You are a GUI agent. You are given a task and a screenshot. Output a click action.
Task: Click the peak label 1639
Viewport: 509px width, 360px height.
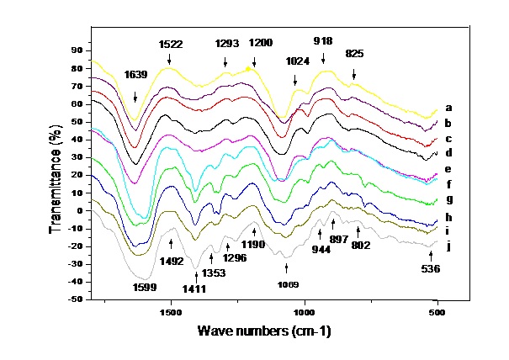coord(137,74)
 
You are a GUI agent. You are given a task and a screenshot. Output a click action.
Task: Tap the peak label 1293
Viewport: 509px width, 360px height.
coord(225,43)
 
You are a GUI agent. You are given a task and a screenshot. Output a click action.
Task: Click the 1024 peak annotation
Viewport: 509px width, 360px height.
coord(295,61)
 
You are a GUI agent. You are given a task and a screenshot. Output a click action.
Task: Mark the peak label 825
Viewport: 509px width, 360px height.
coord(355,53)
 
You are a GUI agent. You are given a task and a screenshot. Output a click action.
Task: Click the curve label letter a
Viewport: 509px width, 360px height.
coord(448,108)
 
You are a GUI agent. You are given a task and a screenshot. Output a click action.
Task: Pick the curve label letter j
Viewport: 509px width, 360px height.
coord(448,246)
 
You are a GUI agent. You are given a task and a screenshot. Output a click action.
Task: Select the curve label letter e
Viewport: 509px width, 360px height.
coord(448,169)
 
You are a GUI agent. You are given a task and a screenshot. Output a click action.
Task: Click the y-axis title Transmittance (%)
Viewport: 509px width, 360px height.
coord(56,172)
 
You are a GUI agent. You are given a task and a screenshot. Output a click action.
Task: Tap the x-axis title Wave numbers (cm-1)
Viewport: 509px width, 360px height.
coord(264,331)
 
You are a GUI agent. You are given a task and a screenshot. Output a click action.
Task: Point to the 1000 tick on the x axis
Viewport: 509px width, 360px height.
coord(304,310)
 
